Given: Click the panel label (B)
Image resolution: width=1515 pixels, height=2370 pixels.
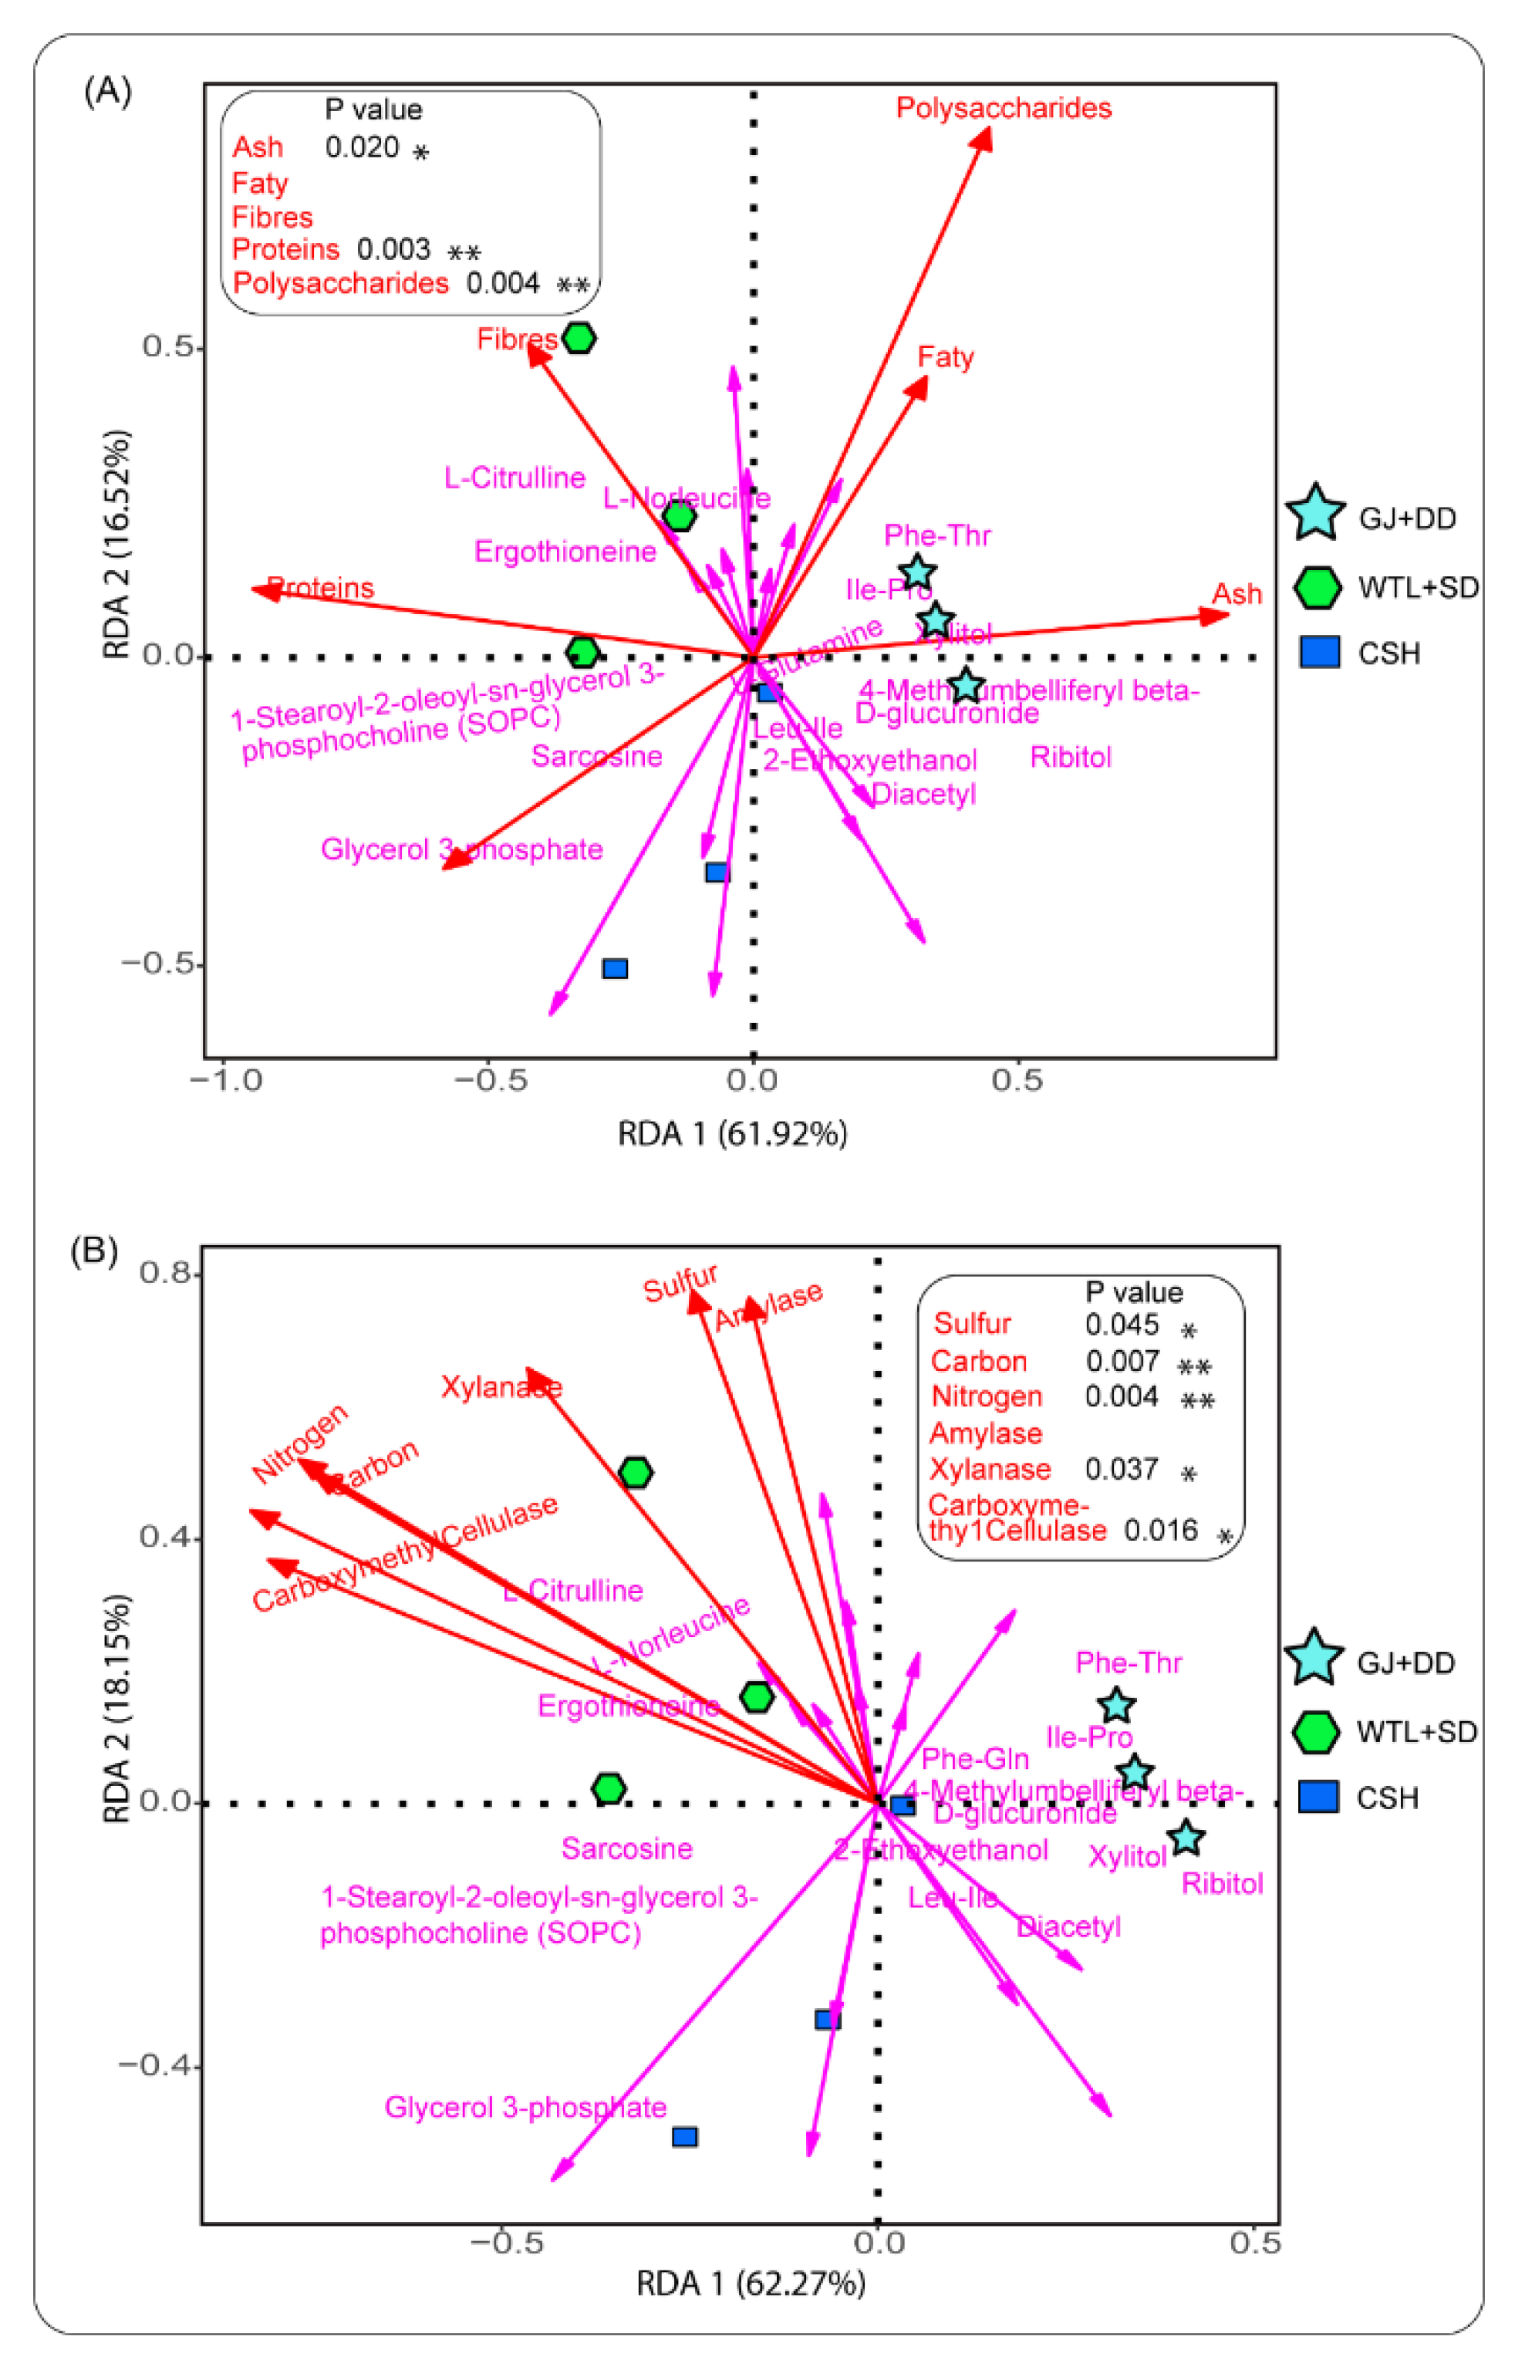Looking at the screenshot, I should coord(95,1250).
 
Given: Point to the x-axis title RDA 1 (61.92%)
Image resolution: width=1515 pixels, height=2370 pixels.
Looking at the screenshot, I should coord(732,1134).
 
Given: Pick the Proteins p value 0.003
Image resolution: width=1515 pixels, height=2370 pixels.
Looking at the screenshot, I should coord(393,249).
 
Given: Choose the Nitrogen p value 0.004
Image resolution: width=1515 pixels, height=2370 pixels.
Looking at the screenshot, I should coord(1122,1396).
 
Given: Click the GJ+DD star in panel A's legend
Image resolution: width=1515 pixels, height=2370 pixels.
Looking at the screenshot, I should coord(1315,514).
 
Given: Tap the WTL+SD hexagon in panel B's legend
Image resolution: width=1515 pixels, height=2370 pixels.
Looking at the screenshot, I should coord(1315,1731).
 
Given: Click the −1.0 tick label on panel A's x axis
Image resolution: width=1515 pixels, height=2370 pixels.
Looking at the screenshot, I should coord(227,1081).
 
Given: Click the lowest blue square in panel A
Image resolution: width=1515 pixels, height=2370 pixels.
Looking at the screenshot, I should coord(616,968).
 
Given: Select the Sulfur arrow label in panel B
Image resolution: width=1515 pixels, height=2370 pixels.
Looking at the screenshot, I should coord(680,1284).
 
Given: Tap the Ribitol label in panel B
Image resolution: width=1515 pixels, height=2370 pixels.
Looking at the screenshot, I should coord(1222,1883).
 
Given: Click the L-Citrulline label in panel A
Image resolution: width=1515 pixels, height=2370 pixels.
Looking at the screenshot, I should coord(515,478).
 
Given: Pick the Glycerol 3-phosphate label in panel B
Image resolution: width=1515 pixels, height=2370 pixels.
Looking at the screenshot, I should coord(525,2106).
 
